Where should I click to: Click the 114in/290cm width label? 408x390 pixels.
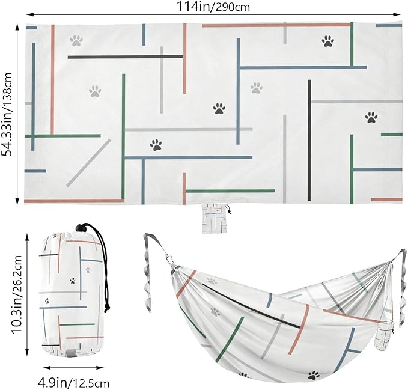213,6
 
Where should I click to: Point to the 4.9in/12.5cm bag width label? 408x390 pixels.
74,383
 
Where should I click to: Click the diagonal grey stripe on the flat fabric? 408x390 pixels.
88,163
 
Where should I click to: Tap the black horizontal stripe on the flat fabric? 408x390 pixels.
126,56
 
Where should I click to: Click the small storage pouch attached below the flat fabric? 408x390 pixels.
215,218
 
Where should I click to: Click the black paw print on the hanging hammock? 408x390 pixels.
314,375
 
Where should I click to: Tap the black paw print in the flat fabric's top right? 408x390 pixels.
328,41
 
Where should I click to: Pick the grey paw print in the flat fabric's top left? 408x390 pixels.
76,41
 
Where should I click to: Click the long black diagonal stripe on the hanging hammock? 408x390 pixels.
251,306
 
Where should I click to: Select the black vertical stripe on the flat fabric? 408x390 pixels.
309,141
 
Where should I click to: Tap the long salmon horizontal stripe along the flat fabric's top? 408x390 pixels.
276,25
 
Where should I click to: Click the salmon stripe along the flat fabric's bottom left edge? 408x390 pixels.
75,201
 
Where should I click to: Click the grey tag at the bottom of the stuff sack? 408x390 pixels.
70,353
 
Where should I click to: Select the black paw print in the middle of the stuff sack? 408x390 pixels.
73,281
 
